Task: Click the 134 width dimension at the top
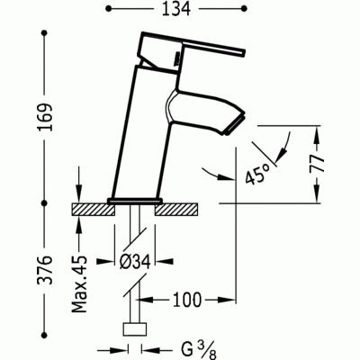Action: coord(176,9)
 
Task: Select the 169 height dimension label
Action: coord(46,117)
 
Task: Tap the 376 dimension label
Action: coord(46,270)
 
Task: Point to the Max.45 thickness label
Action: coord(79,284)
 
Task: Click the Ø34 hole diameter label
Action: coord(135,262)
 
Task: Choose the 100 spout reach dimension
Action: coord(186,300)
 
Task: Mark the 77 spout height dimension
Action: coord(318,164)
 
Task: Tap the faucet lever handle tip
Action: coord(245,52)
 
